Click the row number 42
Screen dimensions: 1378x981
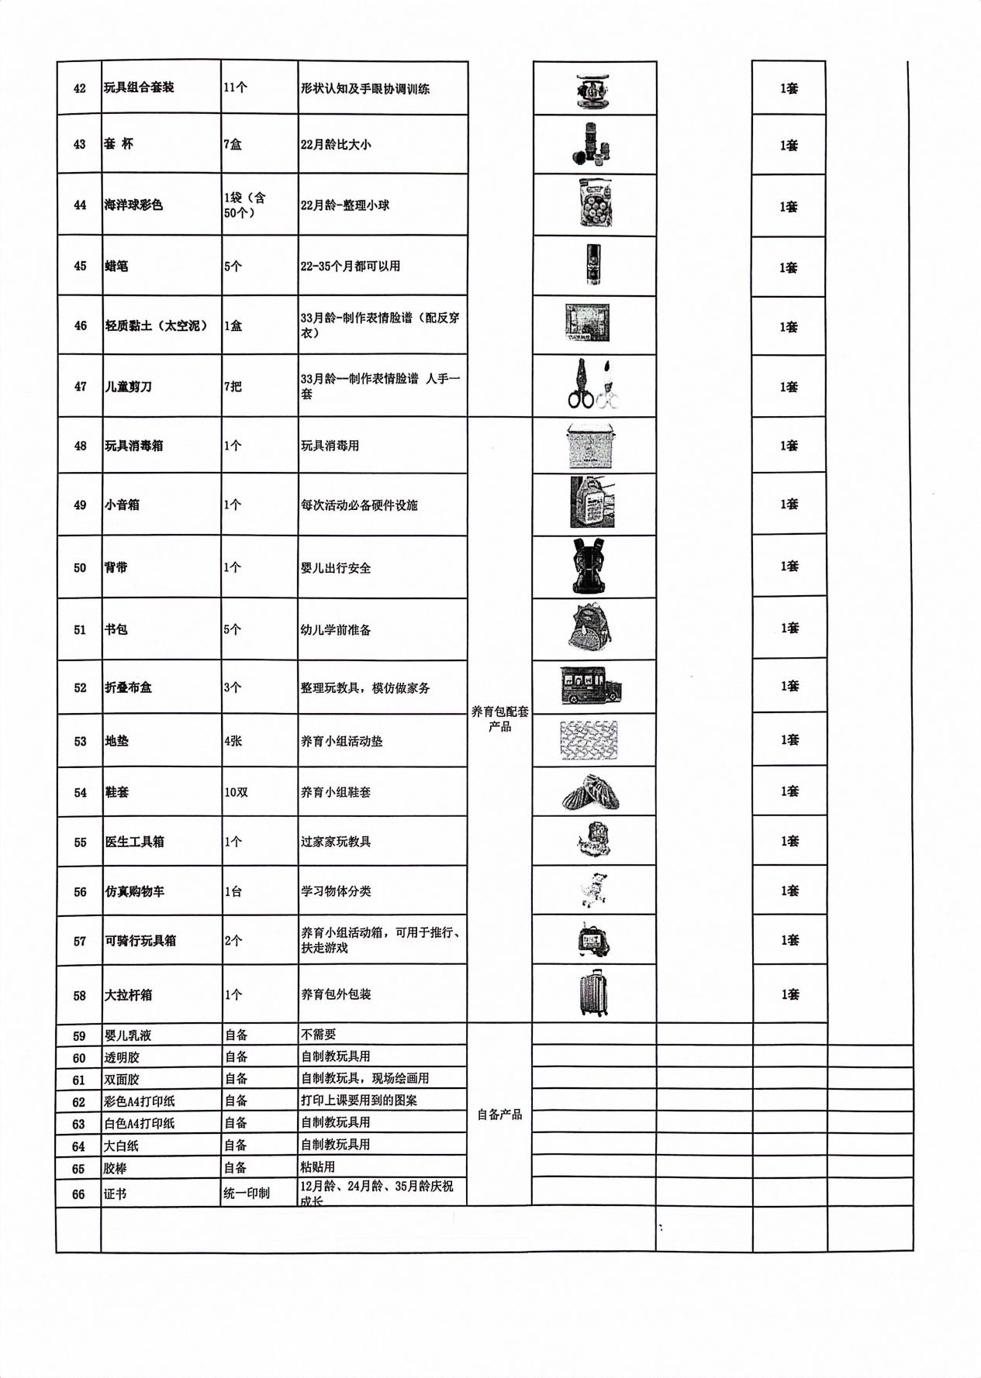click(x=79, y=88)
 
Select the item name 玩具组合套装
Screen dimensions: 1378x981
click(x=139, y=88)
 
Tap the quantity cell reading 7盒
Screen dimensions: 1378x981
click(x=233, y=144)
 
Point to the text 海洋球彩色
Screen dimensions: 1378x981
click(x=133, y=205)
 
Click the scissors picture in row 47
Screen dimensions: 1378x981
click(x=594, y=385)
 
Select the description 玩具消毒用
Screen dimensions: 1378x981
click(x=330, y=446)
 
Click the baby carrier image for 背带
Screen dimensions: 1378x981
click(x=594, y=566)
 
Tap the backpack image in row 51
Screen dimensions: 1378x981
click(x=592, y=628)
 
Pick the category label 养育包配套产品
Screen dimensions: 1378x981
click(x=500, y=718)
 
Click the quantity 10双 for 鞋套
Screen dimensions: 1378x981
click(x=236, y=792)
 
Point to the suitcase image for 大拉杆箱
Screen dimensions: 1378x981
click(x=594, y=993)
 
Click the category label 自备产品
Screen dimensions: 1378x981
click(x=499, y=1114)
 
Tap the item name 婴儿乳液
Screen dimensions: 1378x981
click(x=128, y=1035)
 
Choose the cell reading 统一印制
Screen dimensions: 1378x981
click(x=247, y=1193)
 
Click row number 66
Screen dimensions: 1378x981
click(x=78, y=1194)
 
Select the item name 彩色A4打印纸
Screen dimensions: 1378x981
click(x=140, y=1101)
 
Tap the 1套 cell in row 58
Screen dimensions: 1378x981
click(x=789, y=994)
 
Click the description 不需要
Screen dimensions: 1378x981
click(x=318, y=1035)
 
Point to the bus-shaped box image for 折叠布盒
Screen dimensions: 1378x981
click(x=592, y=686)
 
